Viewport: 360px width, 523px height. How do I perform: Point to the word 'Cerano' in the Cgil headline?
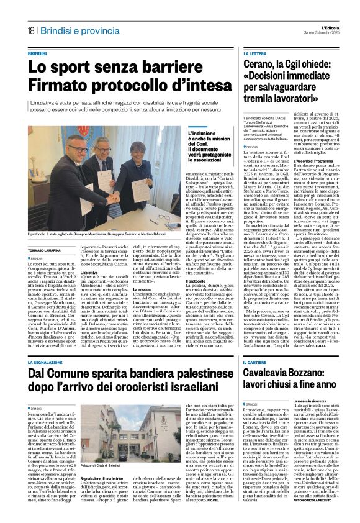click(x=263, y=66)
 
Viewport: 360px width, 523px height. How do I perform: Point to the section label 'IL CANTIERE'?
click(x=257, y=361)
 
